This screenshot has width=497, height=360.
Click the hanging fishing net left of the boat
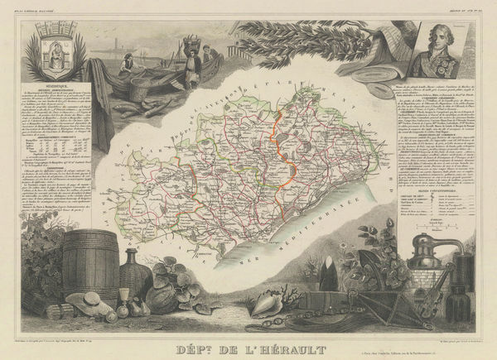tap(101, 108)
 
